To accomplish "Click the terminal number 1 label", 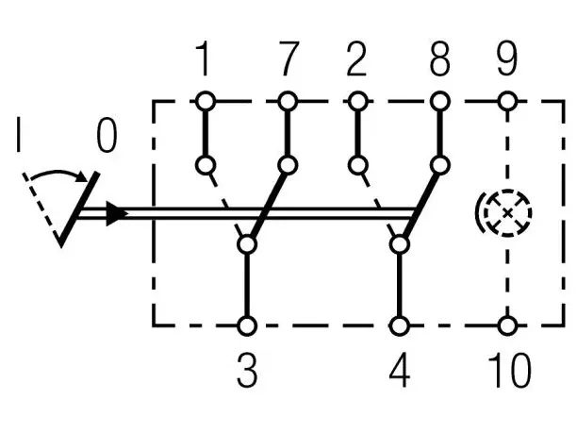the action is [x=203, y=58].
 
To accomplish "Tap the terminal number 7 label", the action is [x=288, y=58].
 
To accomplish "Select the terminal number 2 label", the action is [x=356, y=58].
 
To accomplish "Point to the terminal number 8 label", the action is [x=440, y=58].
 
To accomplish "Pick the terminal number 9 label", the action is [x=507, y=58].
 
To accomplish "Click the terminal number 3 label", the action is [x=247, y=370].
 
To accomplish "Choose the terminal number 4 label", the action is [x=400, y=370].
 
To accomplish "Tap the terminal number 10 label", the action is [x=510, y=370].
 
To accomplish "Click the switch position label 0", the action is [x=107, y=135].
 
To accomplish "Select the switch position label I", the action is [x=19, y=135].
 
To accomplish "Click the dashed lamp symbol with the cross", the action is [x=507, y=213].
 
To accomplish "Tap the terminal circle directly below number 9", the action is [x=507, y=101].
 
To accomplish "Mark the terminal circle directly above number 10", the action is [x=507, y=325].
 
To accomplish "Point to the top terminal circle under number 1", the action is [x=206, y=101].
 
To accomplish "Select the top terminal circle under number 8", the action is [x=440, y=101].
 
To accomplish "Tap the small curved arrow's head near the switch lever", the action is [x=82, y=176].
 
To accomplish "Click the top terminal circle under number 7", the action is [x=288, y=101].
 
